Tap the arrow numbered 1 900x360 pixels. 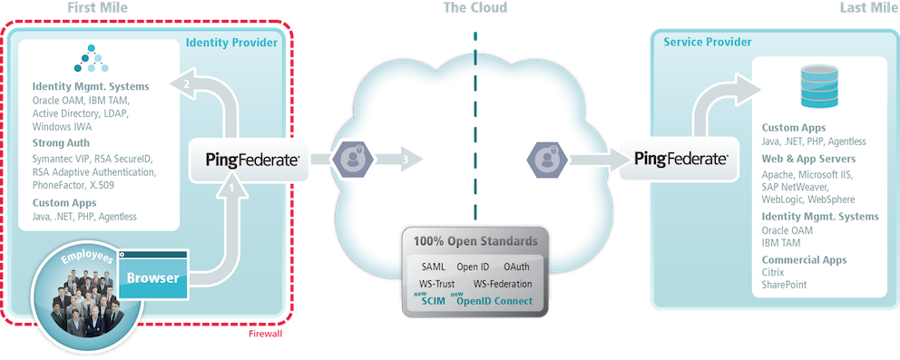click(x=231, y=189)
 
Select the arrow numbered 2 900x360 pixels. click(x=186, y=84)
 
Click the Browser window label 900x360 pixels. click(x=152, y=277)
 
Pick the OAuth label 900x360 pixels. click(x=516, y=267)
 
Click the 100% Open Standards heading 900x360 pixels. click(x=475, y=241)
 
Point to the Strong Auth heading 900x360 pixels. click(x=61, y=142)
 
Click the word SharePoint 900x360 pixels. click(x=784, y=285)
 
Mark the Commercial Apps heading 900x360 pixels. click(x=804, y=259)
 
